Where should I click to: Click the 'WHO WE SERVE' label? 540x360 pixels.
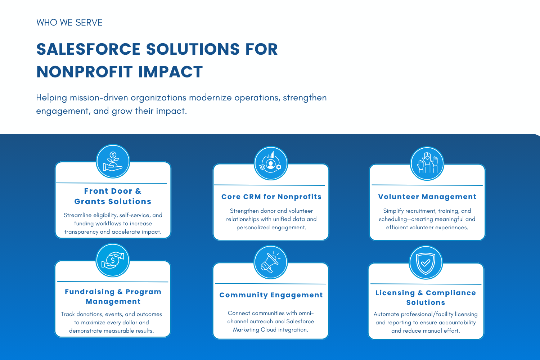(x=69, y=22)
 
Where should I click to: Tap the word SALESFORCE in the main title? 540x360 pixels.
(x=89, y=49)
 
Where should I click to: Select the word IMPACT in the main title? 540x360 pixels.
(x=170, y=72)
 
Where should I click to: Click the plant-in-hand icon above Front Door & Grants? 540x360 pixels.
(x=113, y=161)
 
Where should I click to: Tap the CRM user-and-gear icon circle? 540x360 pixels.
(x=271, y=163)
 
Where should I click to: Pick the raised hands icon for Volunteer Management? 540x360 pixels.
(x=427, y=163)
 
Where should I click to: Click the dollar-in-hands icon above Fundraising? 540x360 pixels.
(x=113, y=260)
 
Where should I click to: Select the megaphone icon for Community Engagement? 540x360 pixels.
(x=270, y=262)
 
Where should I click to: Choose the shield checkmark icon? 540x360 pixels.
(x=426, y=262)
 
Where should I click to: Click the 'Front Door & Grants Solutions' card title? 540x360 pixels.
(x=113, y=196)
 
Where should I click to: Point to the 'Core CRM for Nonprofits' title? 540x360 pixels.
(x=271, y=197)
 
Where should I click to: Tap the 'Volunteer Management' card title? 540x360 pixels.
(x=427, y=197)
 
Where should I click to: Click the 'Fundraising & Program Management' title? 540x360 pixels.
(x=113, y=297)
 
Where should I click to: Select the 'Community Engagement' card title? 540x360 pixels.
(x=271, y=295)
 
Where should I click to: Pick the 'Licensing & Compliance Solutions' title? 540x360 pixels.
(x=426, y=298)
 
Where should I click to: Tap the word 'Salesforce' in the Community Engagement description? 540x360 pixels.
(x=300, y=321)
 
